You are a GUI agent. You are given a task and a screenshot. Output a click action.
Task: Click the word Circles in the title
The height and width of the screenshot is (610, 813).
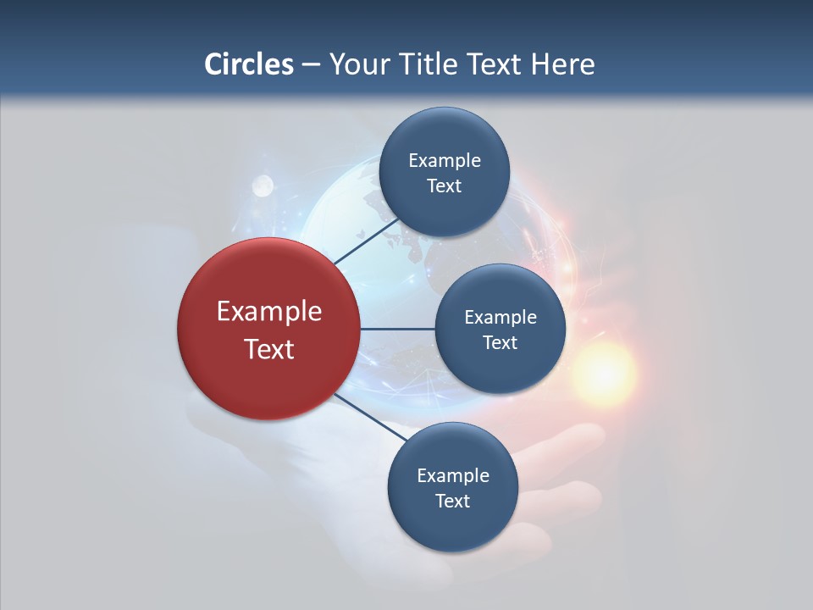tap(249, 64)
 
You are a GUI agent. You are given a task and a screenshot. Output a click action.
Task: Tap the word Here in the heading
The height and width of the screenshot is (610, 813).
tap(562, 64)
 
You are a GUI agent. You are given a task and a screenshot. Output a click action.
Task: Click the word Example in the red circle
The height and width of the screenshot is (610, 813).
tap(269, 312)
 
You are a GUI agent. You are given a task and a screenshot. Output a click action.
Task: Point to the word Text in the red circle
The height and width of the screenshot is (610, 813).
tap(269, 349)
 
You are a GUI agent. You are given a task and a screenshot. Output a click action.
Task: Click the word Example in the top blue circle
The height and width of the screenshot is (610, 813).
tap(445, 161)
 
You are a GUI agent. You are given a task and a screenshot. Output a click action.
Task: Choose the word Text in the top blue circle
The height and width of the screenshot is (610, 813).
tap(444, 186)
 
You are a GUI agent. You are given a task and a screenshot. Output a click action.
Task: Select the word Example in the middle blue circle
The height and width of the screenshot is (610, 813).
tap(501, 318)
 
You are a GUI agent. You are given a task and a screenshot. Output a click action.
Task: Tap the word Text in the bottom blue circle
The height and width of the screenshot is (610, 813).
tap(452, 502)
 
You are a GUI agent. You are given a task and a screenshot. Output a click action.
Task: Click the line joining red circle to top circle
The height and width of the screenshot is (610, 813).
tap(366, 242)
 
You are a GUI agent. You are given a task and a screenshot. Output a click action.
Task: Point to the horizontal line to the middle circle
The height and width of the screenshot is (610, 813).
tap(397, 329)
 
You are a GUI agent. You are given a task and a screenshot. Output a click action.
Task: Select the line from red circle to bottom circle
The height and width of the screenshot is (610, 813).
tap(370, 418)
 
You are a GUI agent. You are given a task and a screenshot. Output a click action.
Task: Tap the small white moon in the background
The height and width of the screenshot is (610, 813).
tap(263, 184)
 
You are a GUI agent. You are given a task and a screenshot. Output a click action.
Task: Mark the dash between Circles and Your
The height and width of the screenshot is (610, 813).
tap(311, 65)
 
